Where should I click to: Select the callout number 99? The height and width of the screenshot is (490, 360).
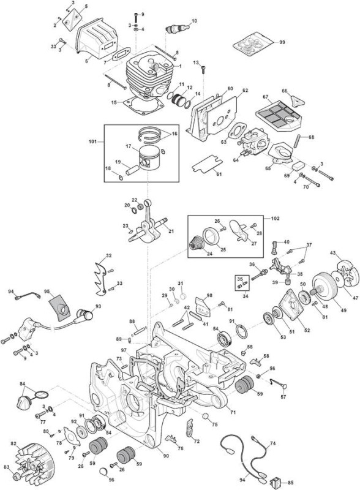(x=282, y=42)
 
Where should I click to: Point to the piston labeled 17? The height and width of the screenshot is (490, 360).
(x=149, y=158)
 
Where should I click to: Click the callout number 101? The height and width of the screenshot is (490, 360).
(x=93, y=142)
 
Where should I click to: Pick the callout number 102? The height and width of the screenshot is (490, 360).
(x=276, y=219)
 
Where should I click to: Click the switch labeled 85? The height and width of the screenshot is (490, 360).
(x=276, y=481)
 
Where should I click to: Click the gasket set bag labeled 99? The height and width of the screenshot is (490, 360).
(x=253, y=44)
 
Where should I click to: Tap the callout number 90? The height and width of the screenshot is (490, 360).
(x=166, y=456)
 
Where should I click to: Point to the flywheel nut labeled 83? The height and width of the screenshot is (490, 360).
(x=17, y=477)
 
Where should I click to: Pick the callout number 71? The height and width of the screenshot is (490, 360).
(x=233, y=412)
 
